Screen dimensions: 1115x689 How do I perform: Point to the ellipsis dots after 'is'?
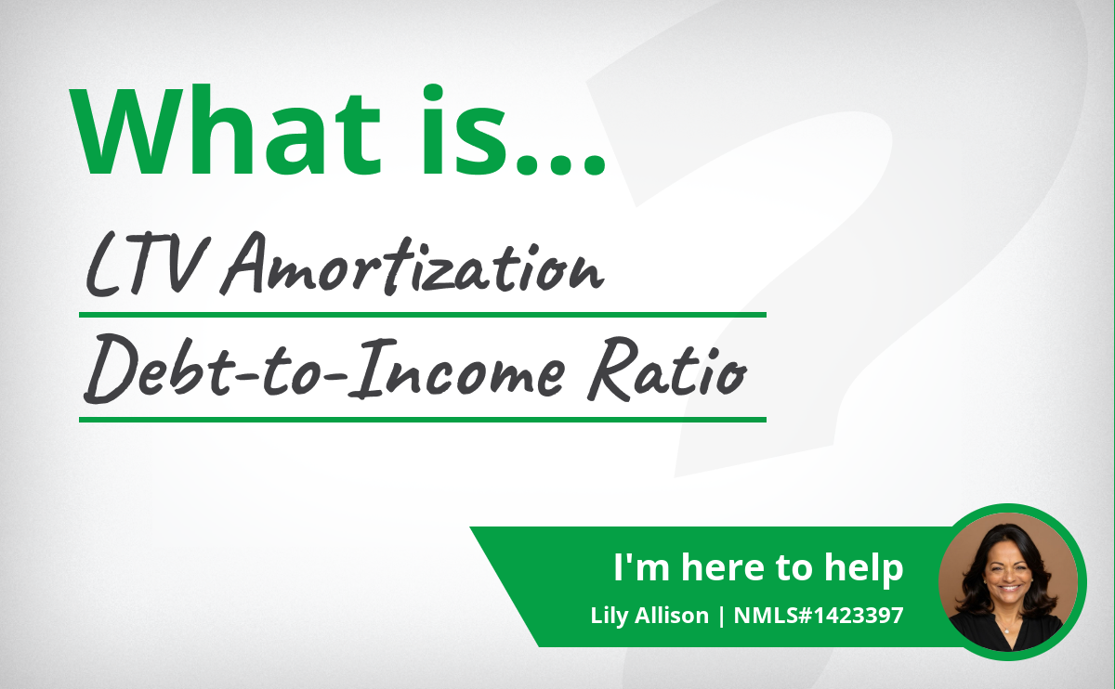[x=561, y=163]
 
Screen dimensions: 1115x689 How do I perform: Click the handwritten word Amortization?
[x=413, y=264]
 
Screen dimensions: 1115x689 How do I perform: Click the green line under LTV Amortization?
[x=423, y=315]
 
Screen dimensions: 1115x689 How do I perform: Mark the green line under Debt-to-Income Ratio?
[x=423, y=420]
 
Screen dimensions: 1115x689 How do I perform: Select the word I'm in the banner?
[x=641, y=566]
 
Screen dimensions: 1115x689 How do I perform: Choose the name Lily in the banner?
[x=609, y=616]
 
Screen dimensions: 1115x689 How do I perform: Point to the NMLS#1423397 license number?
[x=819, y=616]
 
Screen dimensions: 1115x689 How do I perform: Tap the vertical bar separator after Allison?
[x=721, y=616]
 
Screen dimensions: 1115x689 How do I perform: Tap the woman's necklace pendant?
[x=1006, y=631]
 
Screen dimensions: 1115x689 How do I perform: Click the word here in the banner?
[x=722, y=566]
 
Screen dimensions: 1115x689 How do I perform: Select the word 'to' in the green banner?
[x=793, y=567]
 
